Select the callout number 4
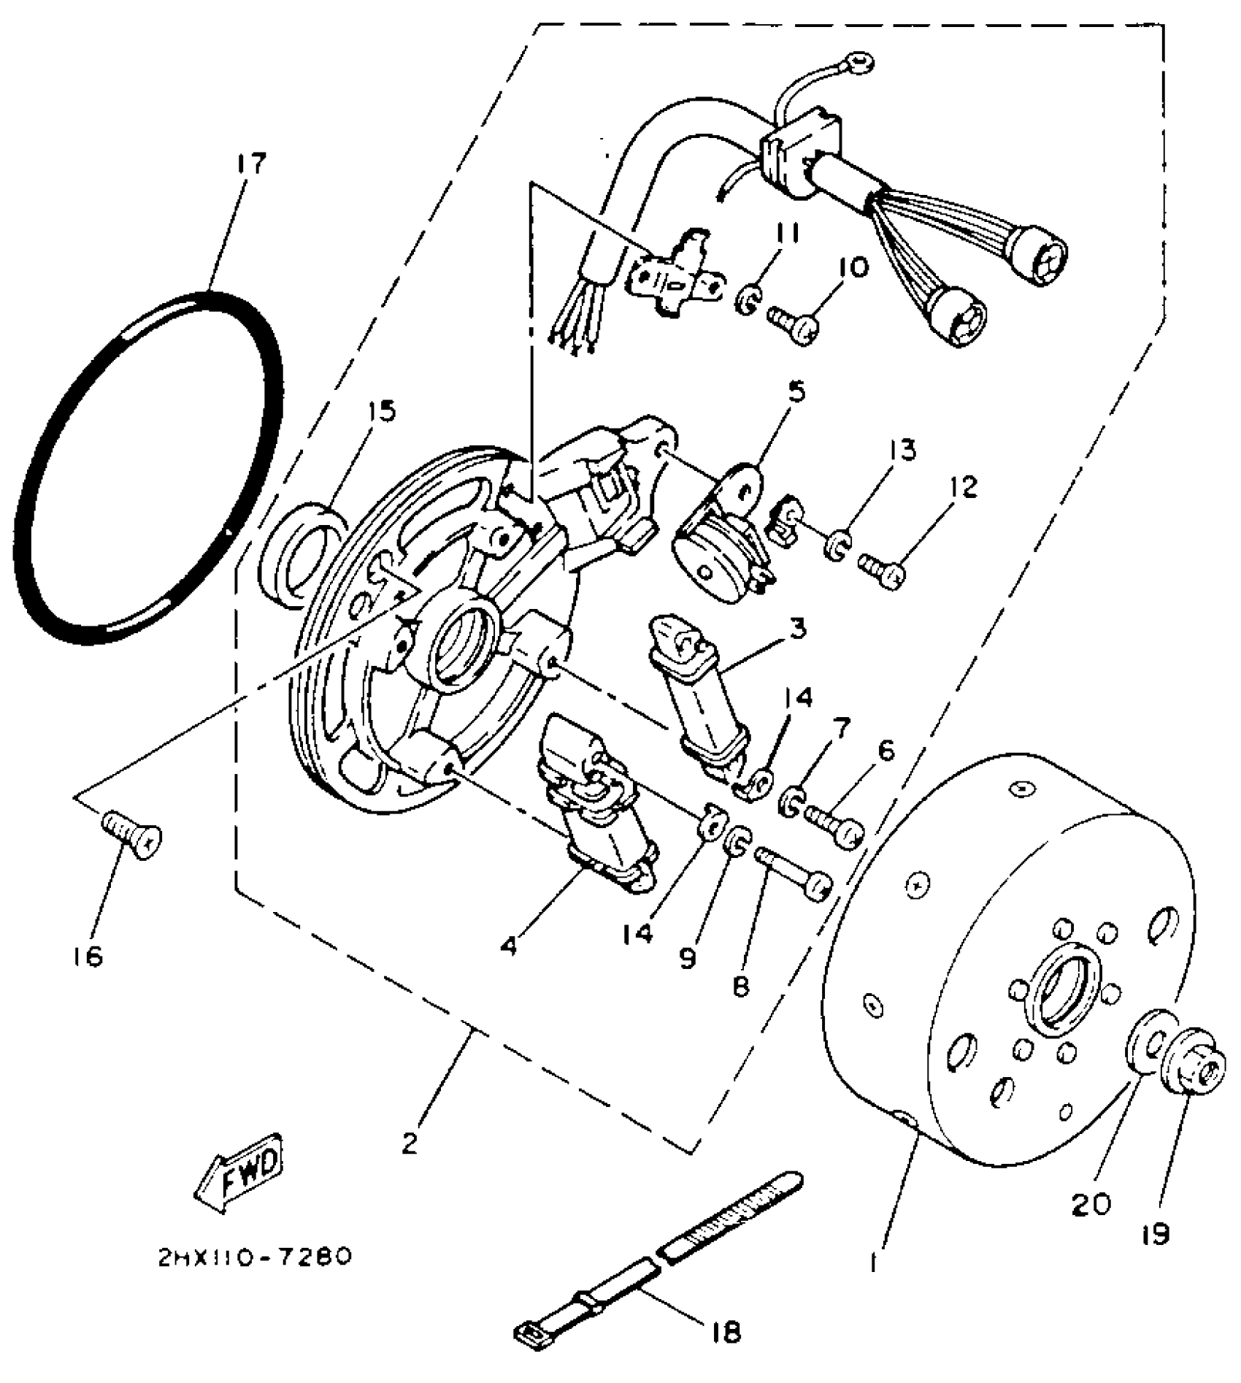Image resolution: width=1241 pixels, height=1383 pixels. point(510,946)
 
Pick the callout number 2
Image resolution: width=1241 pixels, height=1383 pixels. point(410,1143)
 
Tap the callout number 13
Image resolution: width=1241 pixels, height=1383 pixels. point(904,451)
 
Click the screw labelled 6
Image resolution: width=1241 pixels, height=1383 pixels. point(834,826)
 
